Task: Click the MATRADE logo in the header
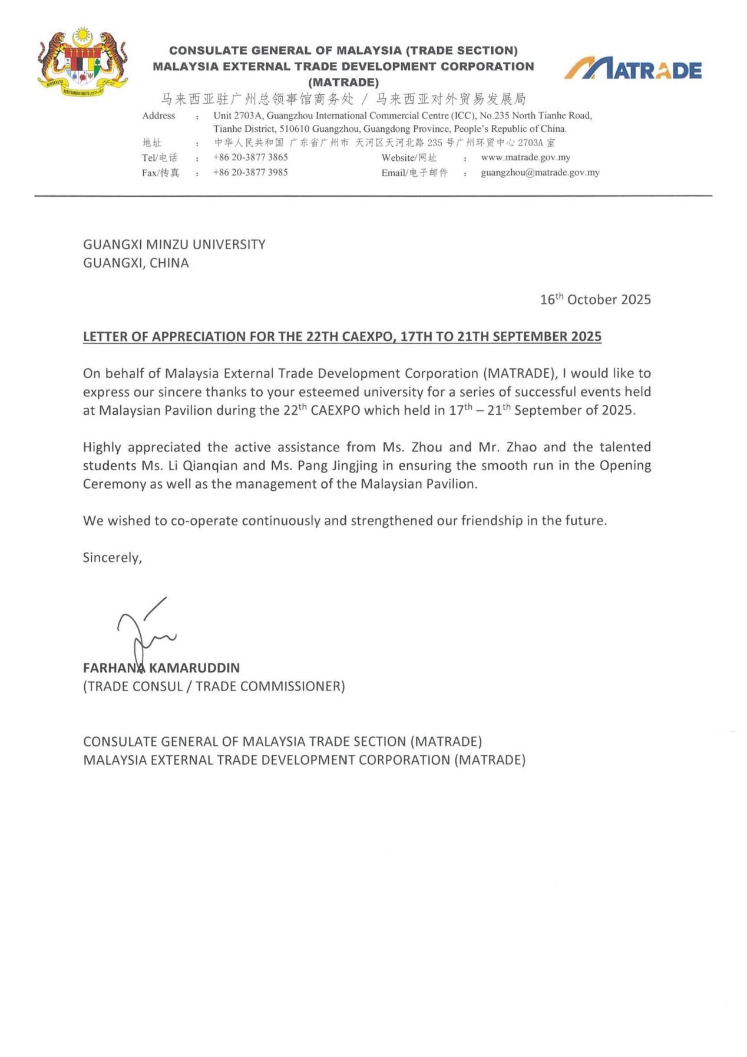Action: [x=633, y=70]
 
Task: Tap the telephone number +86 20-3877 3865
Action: [x=250, y=157]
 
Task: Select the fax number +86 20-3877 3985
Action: [x=250, y=172]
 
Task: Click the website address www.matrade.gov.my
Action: [x=525, y=157]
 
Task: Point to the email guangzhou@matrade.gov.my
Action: [x=540, y=172]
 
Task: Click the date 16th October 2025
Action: [x=595, y=299]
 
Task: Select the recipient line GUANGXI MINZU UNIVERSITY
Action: [x=174, y=244]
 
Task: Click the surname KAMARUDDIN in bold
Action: [x=194, y=668]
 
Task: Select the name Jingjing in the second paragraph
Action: [x=354, y=465]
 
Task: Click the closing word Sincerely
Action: [x=112, y=557]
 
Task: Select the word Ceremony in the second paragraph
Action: [x=114, y=484]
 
